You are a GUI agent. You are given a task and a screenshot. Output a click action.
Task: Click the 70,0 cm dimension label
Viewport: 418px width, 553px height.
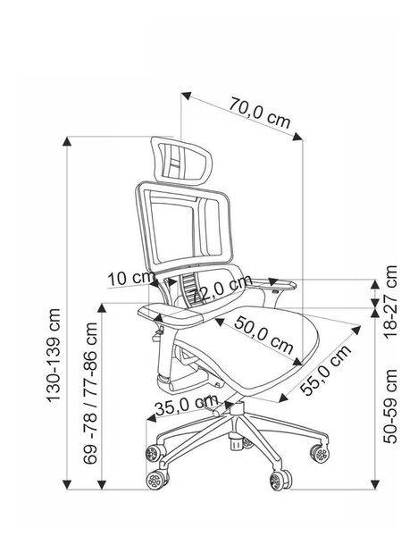(x=260, y=113)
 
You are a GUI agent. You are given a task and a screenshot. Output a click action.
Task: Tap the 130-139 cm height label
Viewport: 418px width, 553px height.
(x=54, y=356)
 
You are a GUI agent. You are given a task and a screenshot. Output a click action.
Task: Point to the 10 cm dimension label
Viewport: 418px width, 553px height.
(x=131, y=278)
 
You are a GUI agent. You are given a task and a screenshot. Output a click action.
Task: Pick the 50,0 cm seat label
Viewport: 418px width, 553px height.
(x=263, y=335)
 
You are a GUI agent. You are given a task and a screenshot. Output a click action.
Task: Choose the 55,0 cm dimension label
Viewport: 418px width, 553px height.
(x=326, y=370)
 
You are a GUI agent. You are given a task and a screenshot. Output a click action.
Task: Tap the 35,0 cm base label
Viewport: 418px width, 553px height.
(x=187, y=406)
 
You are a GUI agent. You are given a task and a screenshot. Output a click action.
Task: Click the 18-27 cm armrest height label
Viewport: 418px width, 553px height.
(x=390, y=302)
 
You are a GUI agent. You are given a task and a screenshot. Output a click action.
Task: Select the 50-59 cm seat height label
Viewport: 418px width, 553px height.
(x=390, y=406)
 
